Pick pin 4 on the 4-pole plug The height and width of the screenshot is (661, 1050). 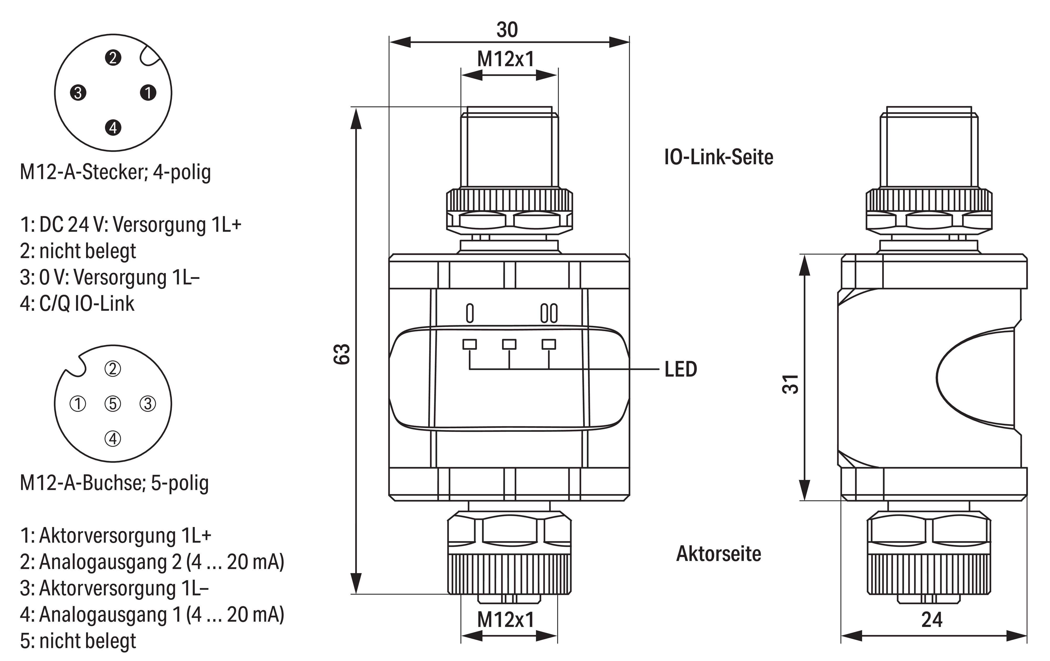coord(113,128)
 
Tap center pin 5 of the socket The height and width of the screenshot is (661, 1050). coord(113,404)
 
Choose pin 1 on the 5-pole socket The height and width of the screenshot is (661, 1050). coord(78,404)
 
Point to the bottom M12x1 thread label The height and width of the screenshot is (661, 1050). coord(506,620)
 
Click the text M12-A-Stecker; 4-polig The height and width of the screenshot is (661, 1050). coord(115,172)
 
